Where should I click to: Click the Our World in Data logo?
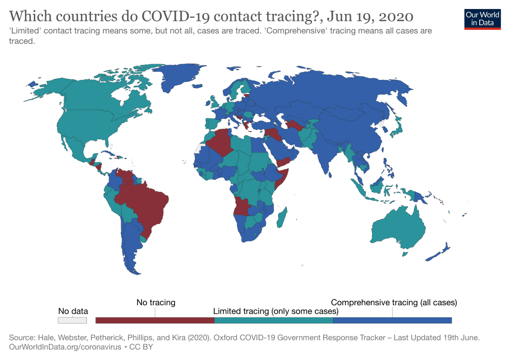pyautogui.click(x=482, y=18)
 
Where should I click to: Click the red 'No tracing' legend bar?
pyautogui.click(x=155, y=320)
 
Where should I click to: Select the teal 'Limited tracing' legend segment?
pyautogui.click(x=273, y=320)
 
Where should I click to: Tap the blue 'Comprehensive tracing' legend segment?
pyautogui.click(x=392, y=320)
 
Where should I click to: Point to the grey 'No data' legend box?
pyautogui.click(x=72, y=320)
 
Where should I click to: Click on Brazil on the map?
pyautogui.click(x=145, y=208)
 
